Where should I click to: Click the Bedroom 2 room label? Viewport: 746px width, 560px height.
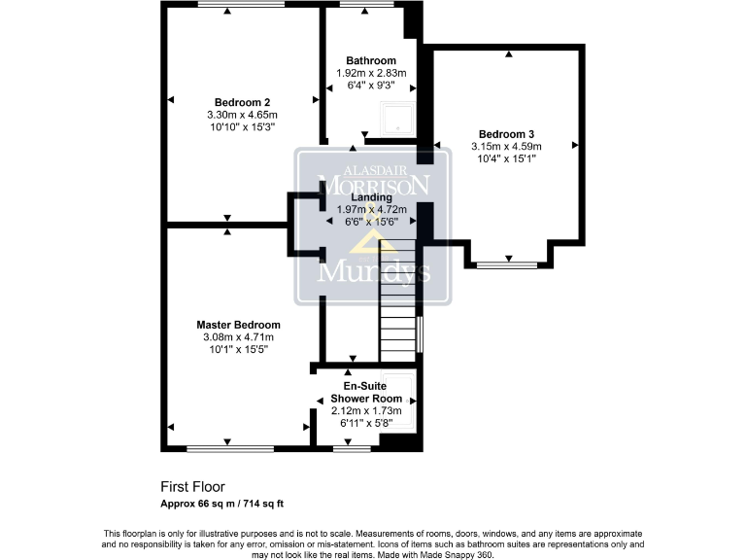click(242, 102)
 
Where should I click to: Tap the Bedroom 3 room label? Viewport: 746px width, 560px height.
click(506, 134)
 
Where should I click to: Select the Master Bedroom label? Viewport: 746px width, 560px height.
click(238, 325)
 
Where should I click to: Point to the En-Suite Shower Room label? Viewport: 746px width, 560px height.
click(366, 392)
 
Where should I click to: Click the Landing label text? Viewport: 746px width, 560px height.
click(371, 197)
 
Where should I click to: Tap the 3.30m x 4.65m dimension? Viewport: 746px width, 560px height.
click(242, 114)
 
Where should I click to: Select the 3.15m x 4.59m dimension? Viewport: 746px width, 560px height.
click(506, 146)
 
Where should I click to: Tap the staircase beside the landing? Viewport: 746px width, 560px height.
click(397, 311)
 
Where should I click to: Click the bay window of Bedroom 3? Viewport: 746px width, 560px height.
click(508, 263)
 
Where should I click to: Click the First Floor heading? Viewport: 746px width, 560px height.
click(192, 487)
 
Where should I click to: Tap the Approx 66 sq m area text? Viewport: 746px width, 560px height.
click(221, 504)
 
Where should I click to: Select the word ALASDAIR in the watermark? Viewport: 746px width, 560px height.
click(373, 164)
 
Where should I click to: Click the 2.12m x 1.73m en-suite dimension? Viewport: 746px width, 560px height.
click(366, 411)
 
